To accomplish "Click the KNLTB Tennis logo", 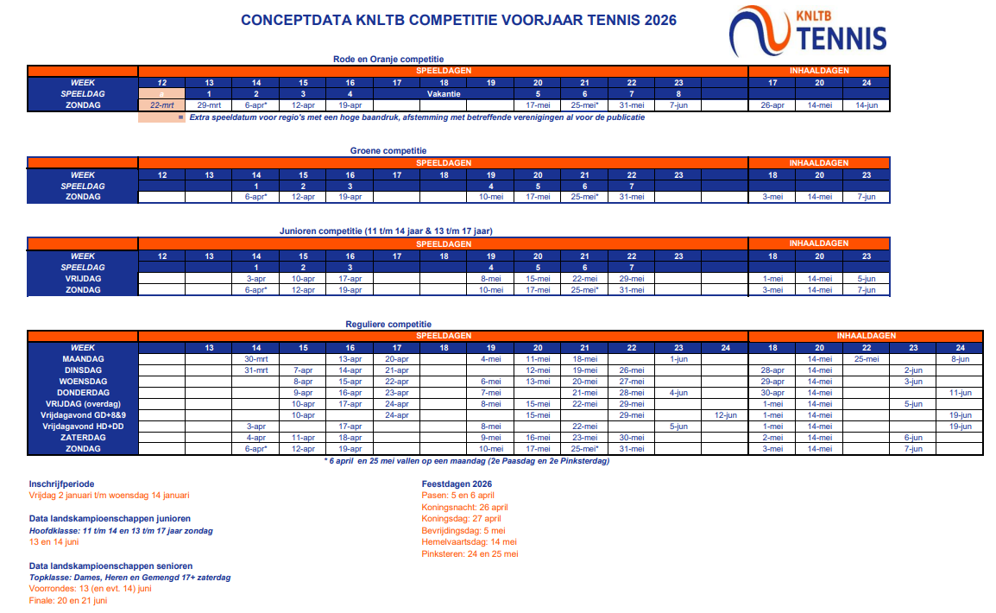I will pyautogui.click(x=807, y=32).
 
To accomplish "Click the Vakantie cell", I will pyautogui.click(x=444, y=93).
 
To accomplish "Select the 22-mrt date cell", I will pyautogui.click(x=162, y=104).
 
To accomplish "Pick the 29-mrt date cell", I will pyautogui.click(x=209, y=104).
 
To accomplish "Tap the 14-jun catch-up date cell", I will pyautogui.click(x=866, y=104).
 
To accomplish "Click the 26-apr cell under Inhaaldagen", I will pyautogui.click(x=772, y=104).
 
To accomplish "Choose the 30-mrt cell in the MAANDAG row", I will pyautogui.click(x=255, y=358).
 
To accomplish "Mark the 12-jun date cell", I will pyautogui.click(x=725, y=414).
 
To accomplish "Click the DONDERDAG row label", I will pyautogui.click(x=83, y=392).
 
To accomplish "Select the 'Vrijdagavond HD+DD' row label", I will pyautogui.click(x=83, y=426).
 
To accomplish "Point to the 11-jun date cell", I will pyautogui.click(x=960, y=392).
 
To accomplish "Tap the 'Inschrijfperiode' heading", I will pyautogui.click(x=61, y=484).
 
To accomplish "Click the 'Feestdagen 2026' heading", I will pyautogui.click(x=457, y=484).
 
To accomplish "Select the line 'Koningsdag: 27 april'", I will pyautogui.click(x=462, y=519).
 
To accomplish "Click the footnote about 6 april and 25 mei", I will pyautogui.click(x=466, y=461).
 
